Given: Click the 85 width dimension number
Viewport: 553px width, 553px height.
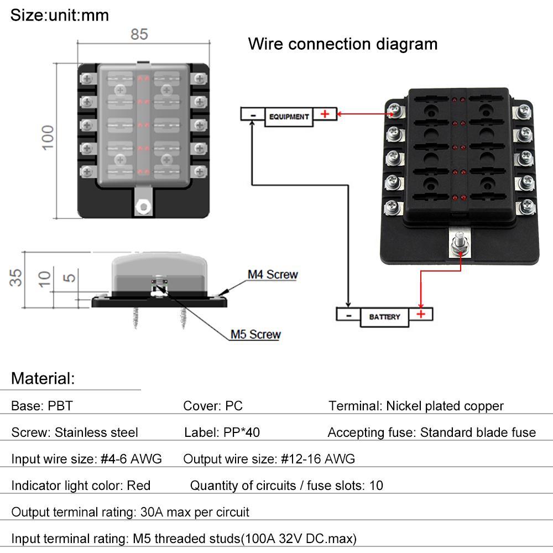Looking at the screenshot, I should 139,34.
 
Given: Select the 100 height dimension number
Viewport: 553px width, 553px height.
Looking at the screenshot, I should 48,137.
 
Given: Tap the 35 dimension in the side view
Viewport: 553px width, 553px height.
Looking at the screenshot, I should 18,277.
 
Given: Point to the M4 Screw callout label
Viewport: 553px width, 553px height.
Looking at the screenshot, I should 272,274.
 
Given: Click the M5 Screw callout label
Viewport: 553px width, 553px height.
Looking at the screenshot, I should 255,334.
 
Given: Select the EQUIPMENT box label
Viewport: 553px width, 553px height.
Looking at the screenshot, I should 289,117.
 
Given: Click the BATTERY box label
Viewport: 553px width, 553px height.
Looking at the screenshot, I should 384,317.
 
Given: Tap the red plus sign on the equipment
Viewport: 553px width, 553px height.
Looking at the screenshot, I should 325,114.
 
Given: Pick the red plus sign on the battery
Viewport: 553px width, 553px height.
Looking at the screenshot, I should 421,314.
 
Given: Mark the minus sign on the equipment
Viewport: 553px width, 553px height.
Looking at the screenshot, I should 252,114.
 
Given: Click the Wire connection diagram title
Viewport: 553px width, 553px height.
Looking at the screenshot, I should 342,44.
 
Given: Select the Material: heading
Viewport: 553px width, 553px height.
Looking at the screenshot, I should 43,379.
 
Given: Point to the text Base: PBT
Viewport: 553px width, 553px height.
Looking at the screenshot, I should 41,406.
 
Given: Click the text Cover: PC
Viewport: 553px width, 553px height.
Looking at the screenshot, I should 213,406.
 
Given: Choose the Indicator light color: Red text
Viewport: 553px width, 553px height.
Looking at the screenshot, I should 81,486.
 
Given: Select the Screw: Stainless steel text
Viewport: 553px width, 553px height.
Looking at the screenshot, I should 75,432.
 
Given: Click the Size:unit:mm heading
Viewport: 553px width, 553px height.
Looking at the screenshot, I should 60,15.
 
